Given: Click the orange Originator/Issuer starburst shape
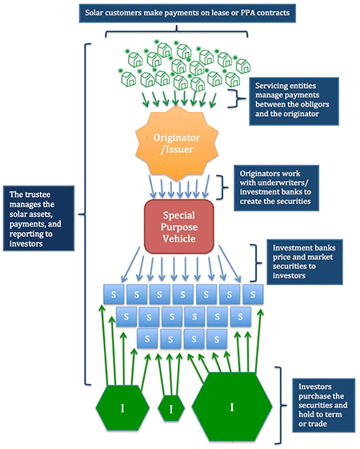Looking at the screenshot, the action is click(x=177, y=143).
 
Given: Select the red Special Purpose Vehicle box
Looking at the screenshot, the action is click(x=179, y=227).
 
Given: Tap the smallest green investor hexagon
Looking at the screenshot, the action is click(x=171, y=408).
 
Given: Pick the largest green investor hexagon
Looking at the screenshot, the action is click(x=232, y=407).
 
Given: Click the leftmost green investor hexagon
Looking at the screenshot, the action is click(x=122, y=407).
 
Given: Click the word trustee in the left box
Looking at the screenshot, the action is click(x=38, y=194).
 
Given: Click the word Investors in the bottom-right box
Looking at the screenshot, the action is click(x=314, y=387).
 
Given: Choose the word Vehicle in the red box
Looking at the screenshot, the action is click(x=179, y=239).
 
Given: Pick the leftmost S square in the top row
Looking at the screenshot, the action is click(x=114, y=294).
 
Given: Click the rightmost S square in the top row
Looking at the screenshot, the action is click(x=253, y=294).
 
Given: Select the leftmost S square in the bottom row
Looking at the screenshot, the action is click(x=147, y=339).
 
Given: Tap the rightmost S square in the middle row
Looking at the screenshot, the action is click(x=241, y=317).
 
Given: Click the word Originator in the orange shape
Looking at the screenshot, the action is click(x=177, y=138).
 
